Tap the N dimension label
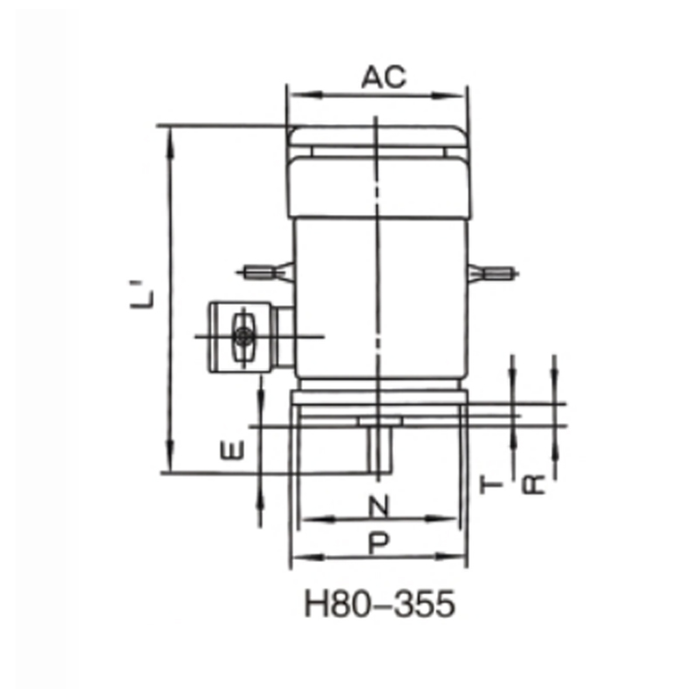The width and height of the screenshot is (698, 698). [x=377, y=505]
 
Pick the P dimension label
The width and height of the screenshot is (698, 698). [x=378, y=544]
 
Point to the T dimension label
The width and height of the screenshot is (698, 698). [x=492, y=484]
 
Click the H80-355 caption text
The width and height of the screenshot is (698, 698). [x=380, y=604]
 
